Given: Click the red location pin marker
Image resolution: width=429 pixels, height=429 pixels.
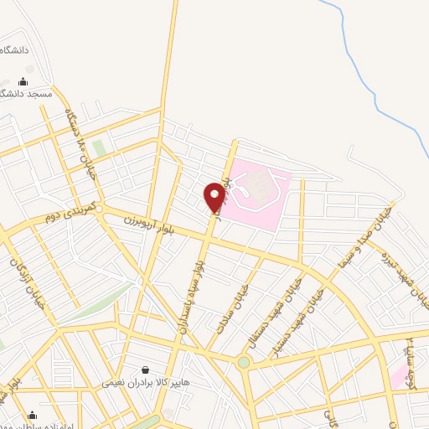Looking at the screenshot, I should coord(214,197).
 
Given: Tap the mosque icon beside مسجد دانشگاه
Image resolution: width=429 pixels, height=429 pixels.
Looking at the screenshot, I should coord(22,82).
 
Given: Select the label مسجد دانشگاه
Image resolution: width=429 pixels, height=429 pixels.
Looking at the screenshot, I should coord(29,95).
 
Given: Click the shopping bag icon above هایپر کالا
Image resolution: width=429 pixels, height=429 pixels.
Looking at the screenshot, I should coord(147,369).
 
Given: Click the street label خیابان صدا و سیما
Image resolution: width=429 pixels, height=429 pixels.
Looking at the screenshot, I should coord(365,237).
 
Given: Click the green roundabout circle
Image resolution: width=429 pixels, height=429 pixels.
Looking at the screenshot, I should coord(244,363).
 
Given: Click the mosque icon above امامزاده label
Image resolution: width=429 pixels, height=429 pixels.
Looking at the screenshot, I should coord(32,415).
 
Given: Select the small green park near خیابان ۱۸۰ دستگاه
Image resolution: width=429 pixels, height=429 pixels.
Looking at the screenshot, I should coord(100,148).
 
